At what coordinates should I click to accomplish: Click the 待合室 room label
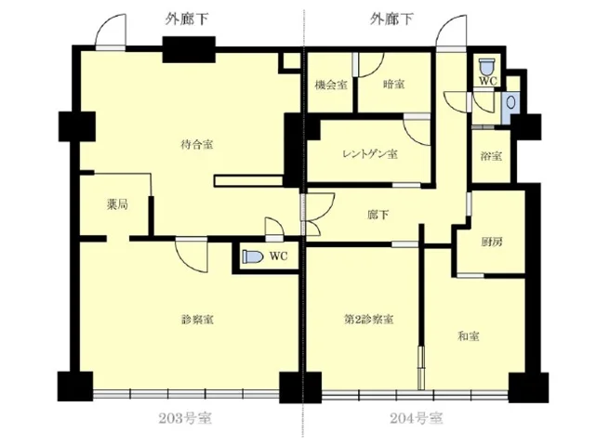(197, 144)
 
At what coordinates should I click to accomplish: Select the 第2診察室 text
(368, 320)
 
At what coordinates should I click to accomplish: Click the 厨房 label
(492, 242)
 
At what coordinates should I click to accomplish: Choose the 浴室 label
(491, 155)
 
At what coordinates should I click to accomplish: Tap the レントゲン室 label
(369, 153)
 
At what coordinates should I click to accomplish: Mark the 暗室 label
(394, 85)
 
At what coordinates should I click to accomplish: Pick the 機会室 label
(330, 85)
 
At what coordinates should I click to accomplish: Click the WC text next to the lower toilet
(278, 256)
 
